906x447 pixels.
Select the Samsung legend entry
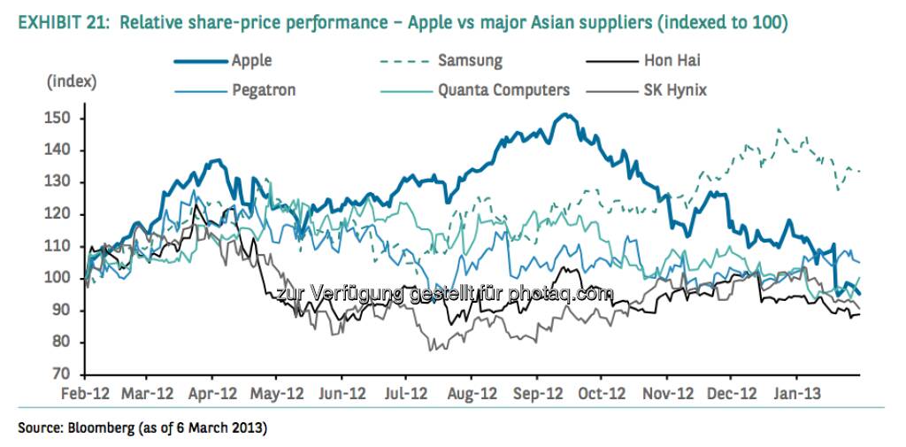469,61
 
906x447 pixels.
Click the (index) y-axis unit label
72,82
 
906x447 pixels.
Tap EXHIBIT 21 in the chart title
57,20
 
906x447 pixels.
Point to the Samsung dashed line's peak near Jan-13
779,129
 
